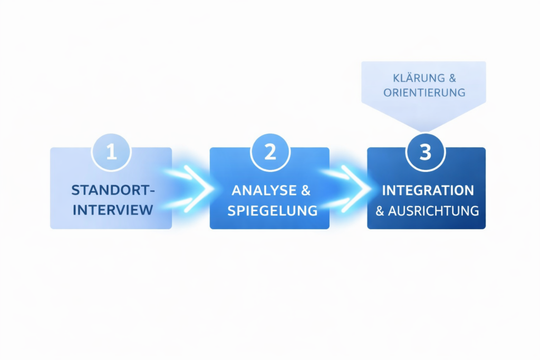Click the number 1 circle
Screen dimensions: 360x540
click(111, 152)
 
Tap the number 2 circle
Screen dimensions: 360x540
click(269, 152)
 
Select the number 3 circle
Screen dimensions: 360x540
click(426, 152)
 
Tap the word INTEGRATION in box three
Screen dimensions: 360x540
click(428, 190)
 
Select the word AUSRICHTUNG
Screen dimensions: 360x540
click(433, 211)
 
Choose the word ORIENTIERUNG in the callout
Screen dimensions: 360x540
click(425, 92)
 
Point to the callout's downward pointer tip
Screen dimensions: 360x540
click(426, 130)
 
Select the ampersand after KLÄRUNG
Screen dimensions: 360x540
click(452, 79)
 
